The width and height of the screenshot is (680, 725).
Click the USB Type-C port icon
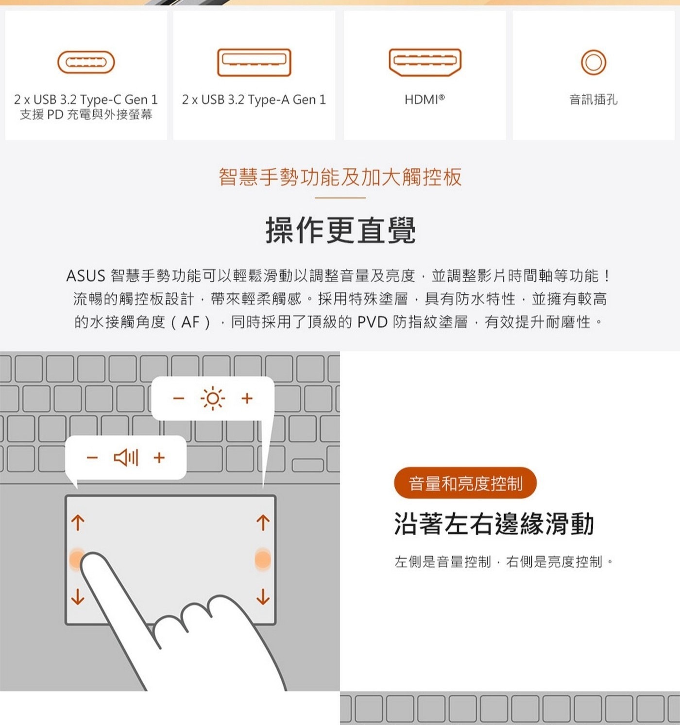click(86, 62)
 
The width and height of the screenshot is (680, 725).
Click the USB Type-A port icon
click(254, 62)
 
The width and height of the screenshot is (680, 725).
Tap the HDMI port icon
click(425, 62)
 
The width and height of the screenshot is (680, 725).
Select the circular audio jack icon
click(594, 62)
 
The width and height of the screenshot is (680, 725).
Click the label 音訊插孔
click(594, 100)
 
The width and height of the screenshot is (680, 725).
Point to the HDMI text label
click(425, 100)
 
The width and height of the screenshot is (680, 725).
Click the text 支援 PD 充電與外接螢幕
click(86, 115)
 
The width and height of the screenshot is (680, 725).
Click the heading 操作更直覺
click(340, 230)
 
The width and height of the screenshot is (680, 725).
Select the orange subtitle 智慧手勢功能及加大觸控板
click(340, 177)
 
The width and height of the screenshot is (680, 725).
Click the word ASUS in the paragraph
click(85, 276)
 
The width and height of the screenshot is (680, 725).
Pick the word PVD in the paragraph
click(372, 322)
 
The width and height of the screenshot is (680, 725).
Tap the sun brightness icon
click(212, 399)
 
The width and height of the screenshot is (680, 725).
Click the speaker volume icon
click(126, 457)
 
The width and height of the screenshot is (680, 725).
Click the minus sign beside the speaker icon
click(92, 457)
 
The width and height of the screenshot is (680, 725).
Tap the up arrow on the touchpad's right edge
click(263, 523)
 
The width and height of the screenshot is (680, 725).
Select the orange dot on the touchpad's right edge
click(263, 559)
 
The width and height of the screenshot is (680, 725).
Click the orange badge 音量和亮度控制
click(465, 483)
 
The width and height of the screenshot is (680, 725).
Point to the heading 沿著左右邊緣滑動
click(494, 524)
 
